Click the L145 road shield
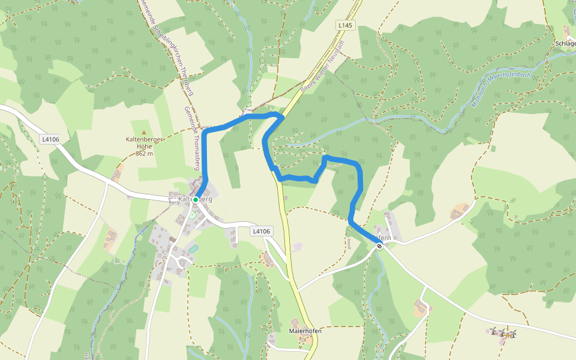tap(346, 25)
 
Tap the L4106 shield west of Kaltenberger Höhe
tap(50, 139)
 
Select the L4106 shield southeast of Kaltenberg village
tap(262, 231)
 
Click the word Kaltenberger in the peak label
tap(143, 140)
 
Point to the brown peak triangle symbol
tap(143, 132)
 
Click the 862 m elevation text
tap(144, 154)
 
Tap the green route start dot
tap(196, 199)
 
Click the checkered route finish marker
tap(379, 245)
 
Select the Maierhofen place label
tap(305, 331)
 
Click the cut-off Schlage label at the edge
tap(565, 44)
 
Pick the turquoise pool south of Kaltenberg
tap(193, 248)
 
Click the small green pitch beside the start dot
tap(193, 215)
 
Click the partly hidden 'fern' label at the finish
tap(384, 238)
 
